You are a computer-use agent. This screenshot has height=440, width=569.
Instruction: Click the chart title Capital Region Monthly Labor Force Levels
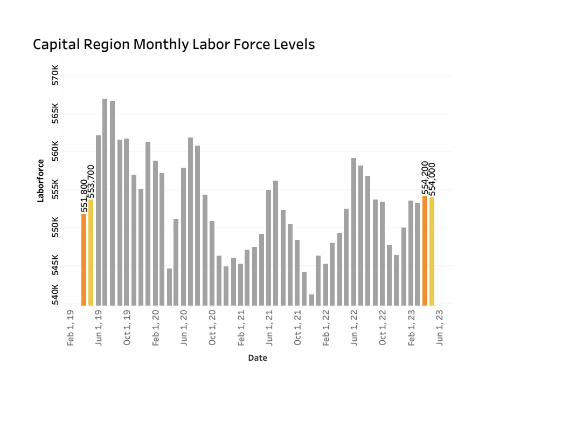click(x=174, y=45)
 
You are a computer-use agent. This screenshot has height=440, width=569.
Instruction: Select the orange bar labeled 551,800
click(x=84, y=259)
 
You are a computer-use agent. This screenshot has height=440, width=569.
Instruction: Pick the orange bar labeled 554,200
click(x=425, y=250)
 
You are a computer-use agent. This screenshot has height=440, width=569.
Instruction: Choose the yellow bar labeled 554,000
click(x=432, y=251)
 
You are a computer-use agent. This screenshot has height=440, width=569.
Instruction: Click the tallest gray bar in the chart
click(x=105, y=202)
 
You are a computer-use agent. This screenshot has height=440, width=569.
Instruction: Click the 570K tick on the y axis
click(x=55, y=76)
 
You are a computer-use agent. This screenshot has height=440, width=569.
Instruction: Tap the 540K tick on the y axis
click(x=55, y=295)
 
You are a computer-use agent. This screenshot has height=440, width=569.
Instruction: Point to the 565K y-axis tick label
click(x=55, y=114)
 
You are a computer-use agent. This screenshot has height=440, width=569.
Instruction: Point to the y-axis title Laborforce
click(x=40, y=181)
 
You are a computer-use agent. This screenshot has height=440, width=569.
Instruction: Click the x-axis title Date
click(x=258, y=358)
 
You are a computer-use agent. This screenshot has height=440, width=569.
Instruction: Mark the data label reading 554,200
click(x=425, y=178)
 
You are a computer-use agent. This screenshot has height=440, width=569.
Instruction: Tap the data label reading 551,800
click(x=84, y=196)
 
